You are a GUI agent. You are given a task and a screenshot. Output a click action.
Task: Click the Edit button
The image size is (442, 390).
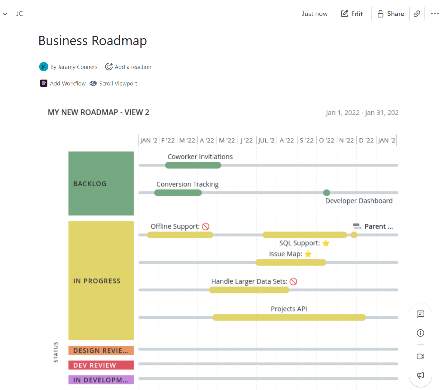pos(352,14)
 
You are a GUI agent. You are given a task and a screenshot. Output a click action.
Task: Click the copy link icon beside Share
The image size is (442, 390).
pos(417,14)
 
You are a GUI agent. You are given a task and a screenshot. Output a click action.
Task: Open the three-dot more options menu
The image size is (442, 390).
pos(435,14)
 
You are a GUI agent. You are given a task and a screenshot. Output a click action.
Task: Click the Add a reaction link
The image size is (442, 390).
pos(128,67)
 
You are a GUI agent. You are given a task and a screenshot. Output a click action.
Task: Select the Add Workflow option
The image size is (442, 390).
pos(63,83)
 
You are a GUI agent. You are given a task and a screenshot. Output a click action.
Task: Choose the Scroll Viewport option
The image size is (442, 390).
pos(114,83)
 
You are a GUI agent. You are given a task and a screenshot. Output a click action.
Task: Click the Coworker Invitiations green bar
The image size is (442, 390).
pos(193,165)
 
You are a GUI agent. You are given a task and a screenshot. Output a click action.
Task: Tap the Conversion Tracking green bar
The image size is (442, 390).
pos(178,193)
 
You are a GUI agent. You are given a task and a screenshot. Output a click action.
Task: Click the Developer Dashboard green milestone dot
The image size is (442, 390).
pos(327,193)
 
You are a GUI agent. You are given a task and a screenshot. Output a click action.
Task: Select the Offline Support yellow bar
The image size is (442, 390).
pos(180,235)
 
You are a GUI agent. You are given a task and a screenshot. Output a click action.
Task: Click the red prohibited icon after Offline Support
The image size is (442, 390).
pos(206,226)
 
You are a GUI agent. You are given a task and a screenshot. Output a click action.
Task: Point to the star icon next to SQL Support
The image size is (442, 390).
pos(326,243)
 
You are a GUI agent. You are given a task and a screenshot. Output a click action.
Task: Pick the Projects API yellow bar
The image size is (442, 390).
pos(289,317)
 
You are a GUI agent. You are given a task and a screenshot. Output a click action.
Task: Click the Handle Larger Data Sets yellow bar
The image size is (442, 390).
pos(249,290)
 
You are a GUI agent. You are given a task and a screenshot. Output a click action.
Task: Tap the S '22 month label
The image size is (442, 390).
pos(306,140)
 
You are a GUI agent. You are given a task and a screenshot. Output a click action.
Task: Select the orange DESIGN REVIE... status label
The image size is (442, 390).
pos(101,350)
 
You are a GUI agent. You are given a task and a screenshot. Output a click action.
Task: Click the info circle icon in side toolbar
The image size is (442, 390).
pos(420,333)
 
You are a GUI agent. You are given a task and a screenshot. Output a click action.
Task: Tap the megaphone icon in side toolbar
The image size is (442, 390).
pos(420,375)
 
